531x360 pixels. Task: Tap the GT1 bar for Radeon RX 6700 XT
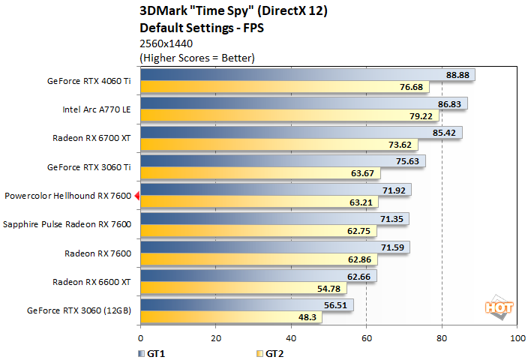(x=300, y=132)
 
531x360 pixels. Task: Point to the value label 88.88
(x=457, y=75)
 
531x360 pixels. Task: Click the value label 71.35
(x=392, y=218)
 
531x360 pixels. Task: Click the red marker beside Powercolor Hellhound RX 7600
(x=136, y=196)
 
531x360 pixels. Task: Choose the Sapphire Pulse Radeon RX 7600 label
(x=67, y=224)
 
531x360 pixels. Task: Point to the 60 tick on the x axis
(x=366, y=338)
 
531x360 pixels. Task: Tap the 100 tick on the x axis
(x=517, y=338)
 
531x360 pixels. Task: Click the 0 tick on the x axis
(x=140, y=338)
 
